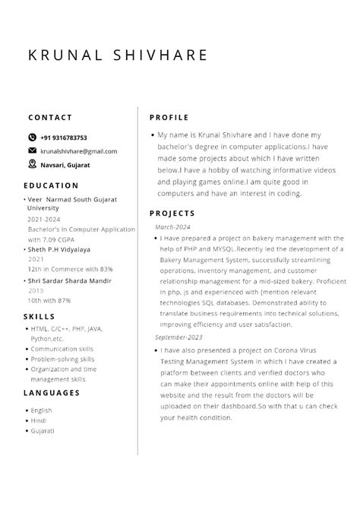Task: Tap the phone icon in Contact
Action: pyautogui.click(x=32, y=138)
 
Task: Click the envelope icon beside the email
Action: pyautogui.click(x=32, y=150)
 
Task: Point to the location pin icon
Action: pyautogui.click(x=32, y=163)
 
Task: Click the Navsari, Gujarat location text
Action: pyautogui.click(x=65, y=164)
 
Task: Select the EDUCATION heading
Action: pyautogui.click(x=51, y=185)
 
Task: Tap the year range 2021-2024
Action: pyautogui.click(x=44, y=219)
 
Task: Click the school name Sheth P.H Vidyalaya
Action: pyautogui.click(x=58, y=249)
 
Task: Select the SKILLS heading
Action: pyautogui.click(x=39, y=316)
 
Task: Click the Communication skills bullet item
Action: pyautogui.click(x=62, y=349)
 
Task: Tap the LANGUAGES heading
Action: pyautogui.click(x=52, y=393)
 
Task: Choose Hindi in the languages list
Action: pyautogui.click(x=39, y=420)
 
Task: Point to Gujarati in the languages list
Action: pyautogui.click(x=43, y=431)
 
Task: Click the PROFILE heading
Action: pyautogui.click(x=169, y=118)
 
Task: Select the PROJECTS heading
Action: pyautogui.click(x=172, y=214)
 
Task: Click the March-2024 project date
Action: pyautogui.click(x=172, y=227)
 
